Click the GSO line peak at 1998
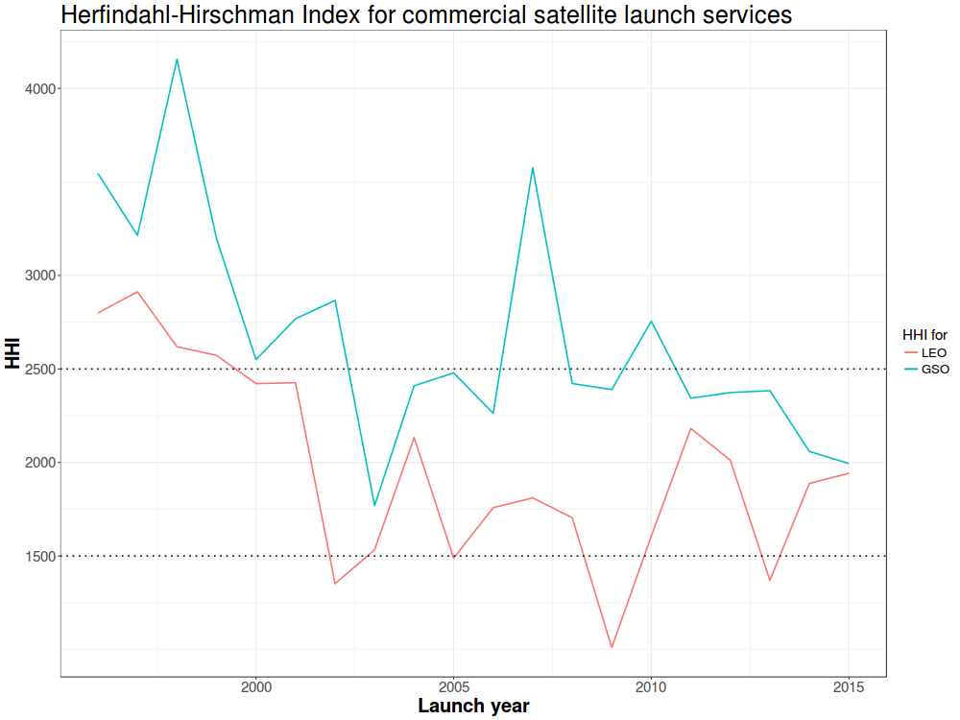[x=177, y=60]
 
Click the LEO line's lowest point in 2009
[x=612, y=647]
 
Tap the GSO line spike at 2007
[x=533, y=168]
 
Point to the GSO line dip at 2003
[x=374, y=505]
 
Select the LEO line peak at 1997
[x=137, y=292]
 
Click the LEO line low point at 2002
[x=335, y=583]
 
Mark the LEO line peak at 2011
[x=690, y=428]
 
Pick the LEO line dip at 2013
[x=770, y=580]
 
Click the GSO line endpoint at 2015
[x=849, y=464]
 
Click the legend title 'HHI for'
[x=924, y=335]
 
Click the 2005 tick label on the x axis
[x=453, y=686]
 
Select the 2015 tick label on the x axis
[x=849, y=686]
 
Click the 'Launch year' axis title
[x=473, y=707]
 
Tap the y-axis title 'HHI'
[x=12, y=353]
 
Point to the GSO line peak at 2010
[x=651, y=322]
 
